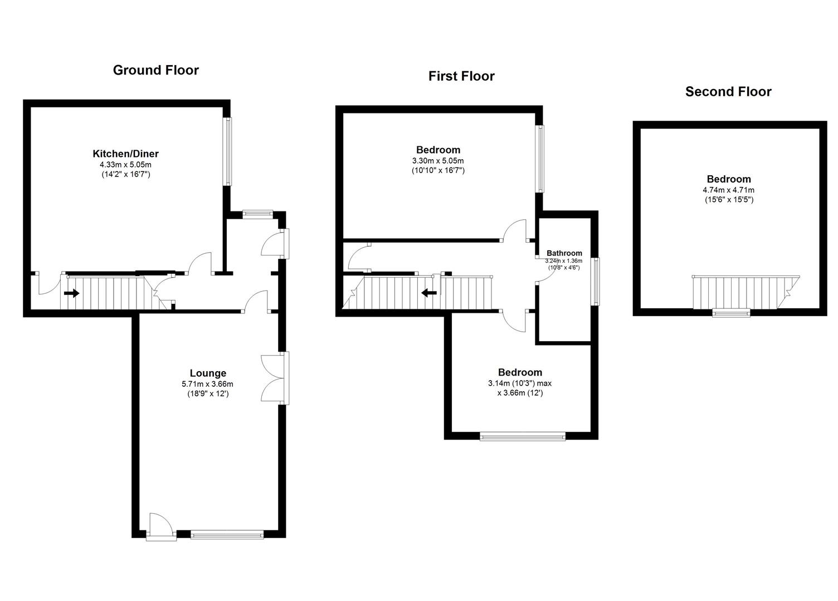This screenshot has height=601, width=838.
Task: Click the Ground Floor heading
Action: coord(155,70)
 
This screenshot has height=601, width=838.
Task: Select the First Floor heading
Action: coord(461,76)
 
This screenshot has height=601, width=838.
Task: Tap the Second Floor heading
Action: coord(728,91)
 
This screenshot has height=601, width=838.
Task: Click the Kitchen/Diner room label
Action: coord(126,154)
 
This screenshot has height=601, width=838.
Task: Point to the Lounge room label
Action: coord(208,373)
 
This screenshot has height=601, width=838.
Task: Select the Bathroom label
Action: coord(564,253)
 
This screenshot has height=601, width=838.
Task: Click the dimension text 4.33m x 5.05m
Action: coord(126,164)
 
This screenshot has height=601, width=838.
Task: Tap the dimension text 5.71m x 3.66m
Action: coord(208,383)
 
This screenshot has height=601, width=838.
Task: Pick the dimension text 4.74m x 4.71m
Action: coord(729,190)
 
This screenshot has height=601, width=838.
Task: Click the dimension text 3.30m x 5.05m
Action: coord(438,161)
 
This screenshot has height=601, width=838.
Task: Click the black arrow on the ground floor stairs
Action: coord(71,293)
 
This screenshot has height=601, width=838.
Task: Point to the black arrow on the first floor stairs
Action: coord(429,293)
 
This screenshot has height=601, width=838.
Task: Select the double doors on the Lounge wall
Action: coord(275,378)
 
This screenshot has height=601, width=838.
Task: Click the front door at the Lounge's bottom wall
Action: coord(161,527)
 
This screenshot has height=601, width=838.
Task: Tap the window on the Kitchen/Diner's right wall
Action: coord(227,152)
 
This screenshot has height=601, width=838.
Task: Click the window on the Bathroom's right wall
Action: coord(595,281)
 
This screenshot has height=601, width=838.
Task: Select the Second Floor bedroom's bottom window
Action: coord(731,313)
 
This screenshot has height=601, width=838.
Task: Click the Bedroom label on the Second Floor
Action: coord(729,179)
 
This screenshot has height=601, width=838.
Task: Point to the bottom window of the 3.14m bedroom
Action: coord(523,436)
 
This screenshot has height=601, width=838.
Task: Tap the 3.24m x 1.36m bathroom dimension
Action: coord(564,261)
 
